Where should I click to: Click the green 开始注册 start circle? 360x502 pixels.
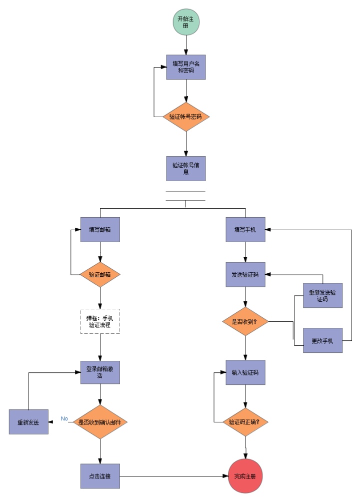tap(186, 22)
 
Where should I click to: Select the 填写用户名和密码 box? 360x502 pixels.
tap(186, 67)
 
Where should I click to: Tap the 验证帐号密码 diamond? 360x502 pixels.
tap(186, 117)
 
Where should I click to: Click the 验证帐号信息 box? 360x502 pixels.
tap(186, 168)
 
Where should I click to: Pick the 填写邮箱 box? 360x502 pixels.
tap(100, 230)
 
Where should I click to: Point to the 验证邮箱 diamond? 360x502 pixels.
tap(100, 274)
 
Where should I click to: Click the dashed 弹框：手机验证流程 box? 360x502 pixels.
tap(100, 321)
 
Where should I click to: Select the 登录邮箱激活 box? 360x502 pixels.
tap(100, 372)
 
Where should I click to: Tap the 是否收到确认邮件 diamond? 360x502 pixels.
tap(100, 422)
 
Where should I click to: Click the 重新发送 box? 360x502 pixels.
tap(29, 422)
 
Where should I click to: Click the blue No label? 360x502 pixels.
tap(64, 418)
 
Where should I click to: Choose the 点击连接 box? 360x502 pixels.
tap(100, 476)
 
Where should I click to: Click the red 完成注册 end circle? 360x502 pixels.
tap(245, 476)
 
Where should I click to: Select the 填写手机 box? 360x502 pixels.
tap(245, 230)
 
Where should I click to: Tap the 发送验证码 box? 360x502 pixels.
tap(245, 274)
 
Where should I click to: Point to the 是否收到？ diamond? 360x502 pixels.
tap(245, 321)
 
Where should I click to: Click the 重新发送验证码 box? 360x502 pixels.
tap(323, 295)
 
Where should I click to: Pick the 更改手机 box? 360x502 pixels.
tap(323, 341)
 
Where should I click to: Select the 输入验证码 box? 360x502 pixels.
tap(245, 372)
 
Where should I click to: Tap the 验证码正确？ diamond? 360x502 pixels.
tap(245, 422)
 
